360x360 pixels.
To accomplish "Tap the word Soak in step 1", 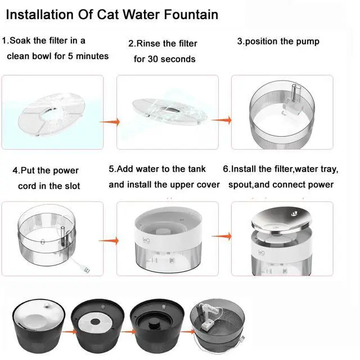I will (22, 41).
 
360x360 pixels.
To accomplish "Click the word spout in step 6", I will (240, 184).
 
